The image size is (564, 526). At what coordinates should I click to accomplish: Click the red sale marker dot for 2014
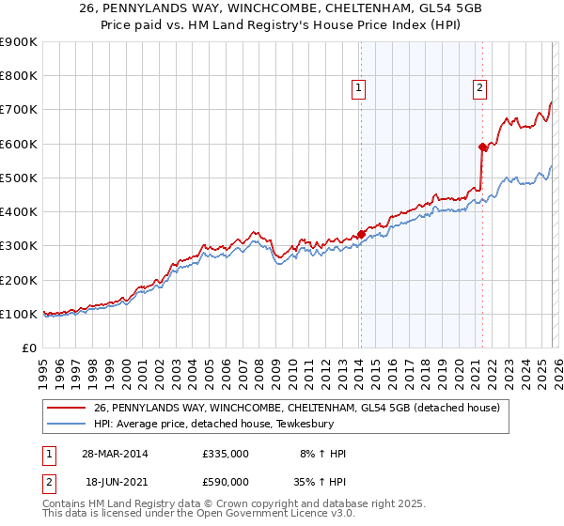pyautogui.click(x=361, y=234)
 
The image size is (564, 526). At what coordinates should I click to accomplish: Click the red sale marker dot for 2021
pyautogui.click(x=482, y=147)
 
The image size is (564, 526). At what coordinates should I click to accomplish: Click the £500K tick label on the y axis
pyautogui.click(x=18, y=178)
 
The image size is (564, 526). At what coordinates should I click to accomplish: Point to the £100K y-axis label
pyautogui.click(x=18, y=314)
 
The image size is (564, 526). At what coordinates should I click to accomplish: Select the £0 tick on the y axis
pyautogui.click(x=28, y=348)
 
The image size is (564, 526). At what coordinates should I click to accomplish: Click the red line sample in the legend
pyautogui.click(x=67, y=408)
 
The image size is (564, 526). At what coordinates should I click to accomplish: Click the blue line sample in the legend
pyautogui.click(x=67, y=424)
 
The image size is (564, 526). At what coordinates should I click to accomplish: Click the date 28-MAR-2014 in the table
pyautogui.click(x=115, y=454)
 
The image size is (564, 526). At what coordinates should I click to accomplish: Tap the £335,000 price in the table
pyautogui.click(x=225, y=454)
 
